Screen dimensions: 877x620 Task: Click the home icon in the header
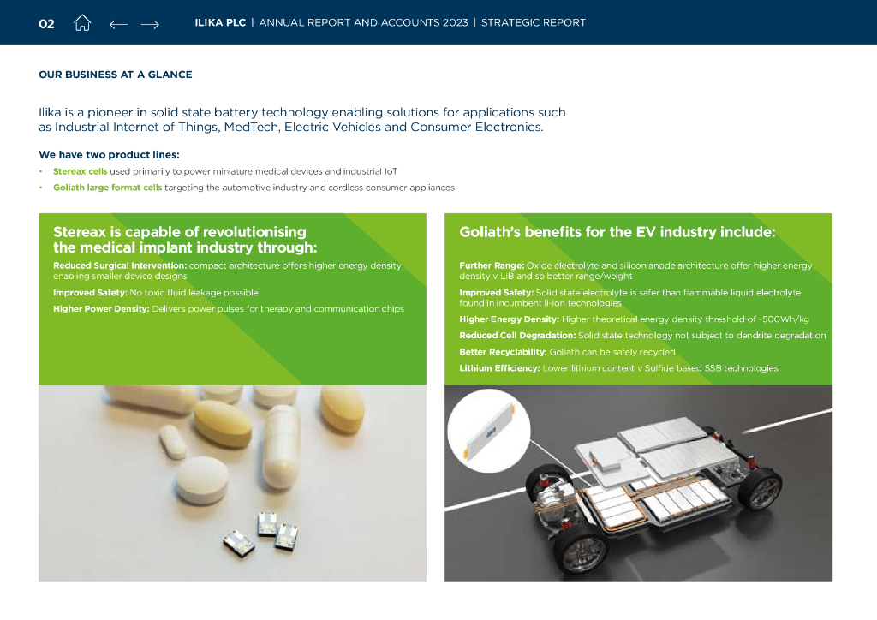click(x=82, y=23)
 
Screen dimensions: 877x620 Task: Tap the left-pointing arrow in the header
click(x=118, y=24)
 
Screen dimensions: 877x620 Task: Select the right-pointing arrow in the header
click(x=150, y=24)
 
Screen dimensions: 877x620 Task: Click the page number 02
click(x=46, y=23)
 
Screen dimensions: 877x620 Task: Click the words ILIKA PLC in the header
click(x=220, y=22)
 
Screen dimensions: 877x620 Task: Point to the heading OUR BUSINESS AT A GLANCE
click(x=116, y=75)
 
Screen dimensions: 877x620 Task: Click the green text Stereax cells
click(x=80, y=171)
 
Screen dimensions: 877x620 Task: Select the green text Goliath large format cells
click(x=107, y=188)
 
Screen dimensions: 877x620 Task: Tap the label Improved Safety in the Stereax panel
click(x=90, y=292)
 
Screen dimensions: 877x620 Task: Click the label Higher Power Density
click(x=101, y=308)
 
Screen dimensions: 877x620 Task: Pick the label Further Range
click(x=492, y=265)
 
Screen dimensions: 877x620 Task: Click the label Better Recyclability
click(x=503, y=352)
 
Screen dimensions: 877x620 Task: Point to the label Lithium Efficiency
click(x=499, y=368)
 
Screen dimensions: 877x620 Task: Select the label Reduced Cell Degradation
click(x=517, y=336)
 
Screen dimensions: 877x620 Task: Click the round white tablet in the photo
click(x=202, y=478)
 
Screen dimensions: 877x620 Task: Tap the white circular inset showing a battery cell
click(x=489, y=431)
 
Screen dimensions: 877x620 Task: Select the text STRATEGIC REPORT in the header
click(x=534, y=22)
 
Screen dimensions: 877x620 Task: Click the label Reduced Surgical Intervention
click(x=120, y=265)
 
